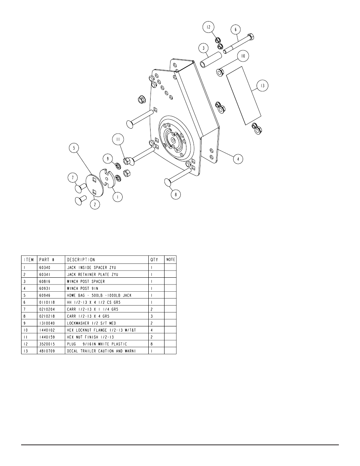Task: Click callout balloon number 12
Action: click(208, 27)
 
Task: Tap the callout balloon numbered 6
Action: click(235, 29)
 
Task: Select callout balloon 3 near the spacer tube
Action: click(203, 48)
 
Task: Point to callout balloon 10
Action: click(243, 56)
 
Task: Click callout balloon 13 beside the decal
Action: click(262, 86)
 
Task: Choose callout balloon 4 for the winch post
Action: click(238, 159)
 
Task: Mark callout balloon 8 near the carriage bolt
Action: click(175, 195)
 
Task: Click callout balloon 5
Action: click(74, 148)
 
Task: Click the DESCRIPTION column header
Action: click(81, 260)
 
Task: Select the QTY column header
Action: click(154, 260)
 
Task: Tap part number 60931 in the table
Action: click(45, 288)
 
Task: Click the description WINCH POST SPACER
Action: click(86, 281)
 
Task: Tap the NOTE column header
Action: click(171, 260)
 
